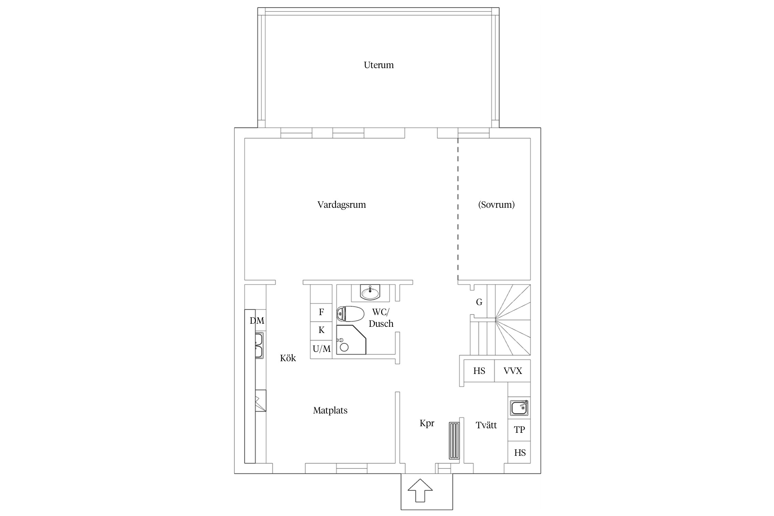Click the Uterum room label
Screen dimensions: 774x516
coord(379,65)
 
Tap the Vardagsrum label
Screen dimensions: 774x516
coord(342,205)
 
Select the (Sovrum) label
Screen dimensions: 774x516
coord(496,205)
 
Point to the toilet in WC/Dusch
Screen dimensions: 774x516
coord(350,313)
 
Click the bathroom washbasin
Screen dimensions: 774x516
coord(370,292)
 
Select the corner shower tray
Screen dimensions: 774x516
coord(351,339)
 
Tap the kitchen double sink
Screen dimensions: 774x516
coord(259,345)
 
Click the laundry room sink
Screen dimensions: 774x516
coord(519,408)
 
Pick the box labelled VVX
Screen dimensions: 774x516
coord(513,371)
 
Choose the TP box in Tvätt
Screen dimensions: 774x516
coord(519,430)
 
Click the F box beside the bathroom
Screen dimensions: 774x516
coord(321,312)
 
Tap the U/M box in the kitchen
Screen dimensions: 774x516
coord(321,349)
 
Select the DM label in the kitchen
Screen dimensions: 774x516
coord(257,321)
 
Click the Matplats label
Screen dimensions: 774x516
coord(330,410)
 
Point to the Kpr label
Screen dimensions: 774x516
coord(427,423)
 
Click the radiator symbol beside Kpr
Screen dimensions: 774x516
coord(454,441)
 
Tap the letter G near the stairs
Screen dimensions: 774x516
coord(479,302)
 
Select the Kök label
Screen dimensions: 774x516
coord(288,358)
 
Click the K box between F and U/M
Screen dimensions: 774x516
coord(321,331)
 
